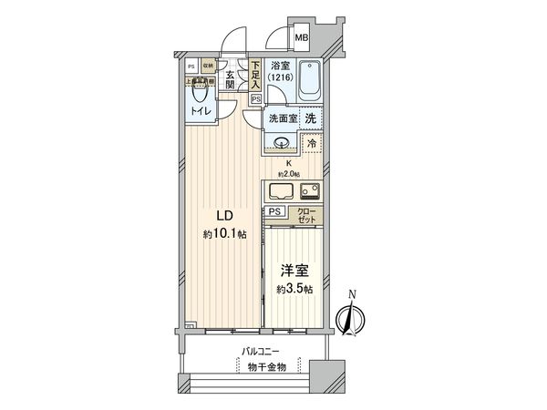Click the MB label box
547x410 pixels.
(301, 38)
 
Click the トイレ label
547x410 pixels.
(201, 111)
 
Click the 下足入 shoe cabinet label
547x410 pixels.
(255, 72)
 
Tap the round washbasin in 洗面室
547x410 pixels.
(280, 141)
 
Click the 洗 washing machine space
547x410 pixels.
(311, 118)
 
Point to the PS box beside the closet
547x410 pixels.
(274, 211)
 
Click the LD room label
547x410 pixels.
(222, 216)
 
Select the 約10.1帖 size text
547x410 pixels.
(223, 234)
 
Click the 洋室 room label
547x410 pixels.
(294, 271)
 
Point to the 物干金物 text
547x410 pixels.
(262, 367)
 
